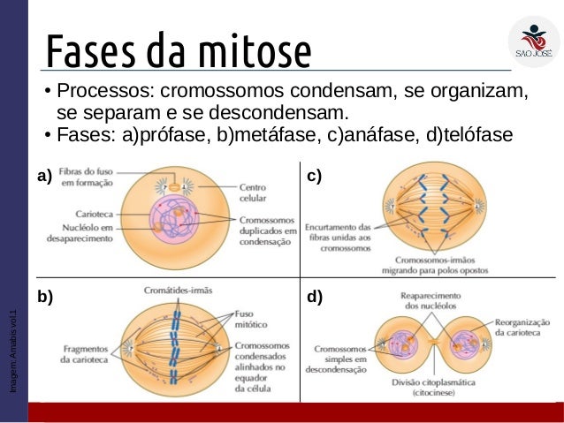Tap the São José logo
click(533, 42)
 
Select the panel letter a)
click(45, 177)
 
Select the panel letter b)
click(45, 298)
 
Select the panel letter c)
click(314, 177)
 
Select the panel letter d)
click(314, 298)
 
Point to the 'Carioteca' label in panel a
click(93, 214)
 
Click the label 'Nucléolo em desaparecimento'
click(86, 232)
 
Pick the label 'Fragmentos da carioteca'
click(86, 353)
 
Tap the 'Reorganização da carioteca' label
click(522, 329)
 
